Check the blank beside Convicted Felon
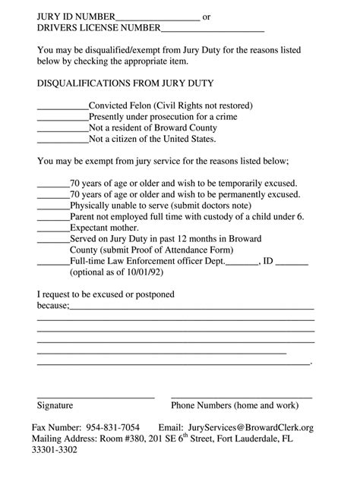coord(62,105)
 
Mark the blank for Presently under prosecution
coord(62,117)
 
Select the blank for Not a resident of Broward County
coord(62,128)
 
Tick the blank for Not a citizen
coord(62,140)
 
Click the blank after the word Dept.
coord(242,261)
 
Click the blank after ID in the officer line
coord(292,261)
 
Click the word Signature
coord(55,405)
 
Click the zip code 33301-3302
coord(55,449)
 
